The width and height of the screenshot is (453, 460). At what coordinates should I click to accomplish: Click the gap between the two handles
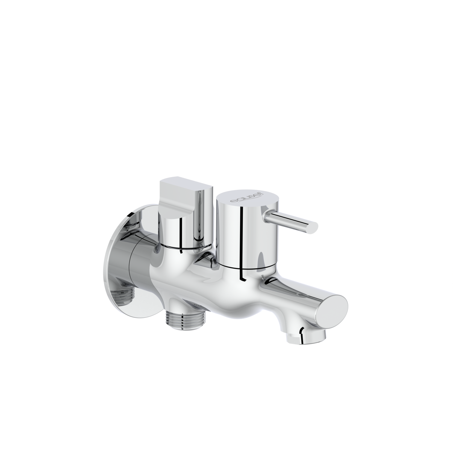coord(213,228)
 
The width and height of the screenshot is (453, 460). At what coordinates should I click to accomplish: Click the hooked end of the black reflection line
coord(243,280)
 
